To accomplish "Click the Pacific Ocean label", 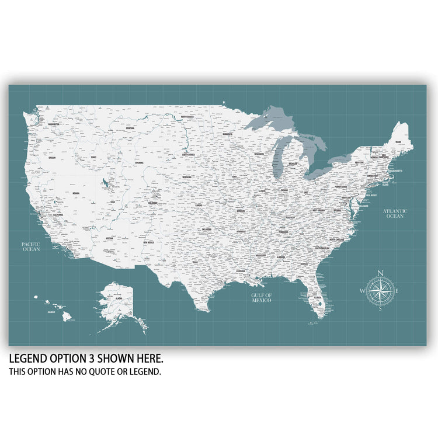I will (31, 246).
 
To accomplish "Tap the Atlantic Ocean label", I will (395, 213).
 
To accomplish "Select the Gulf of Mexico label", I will (262, 297).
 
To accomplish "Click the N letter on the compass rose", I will (380, 273).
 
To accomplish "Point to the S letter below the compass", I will (380, 308).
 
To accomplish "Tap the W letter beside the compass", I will (362, 291).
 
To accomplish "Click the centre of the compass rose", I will (380, 290).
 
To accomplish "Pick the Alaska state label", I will (119, 298).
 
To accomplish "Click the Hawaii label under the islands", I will (51, 312).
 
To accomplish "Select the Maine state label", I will (398, 142).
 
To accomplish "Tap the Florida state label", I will (318, 297).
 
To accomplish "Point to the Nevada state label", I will (76, 193).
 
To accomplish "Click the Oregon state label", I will (53, 157).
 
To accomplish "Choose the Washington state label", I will (54, 124).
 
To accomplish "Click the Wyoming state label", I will (139, 162).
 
